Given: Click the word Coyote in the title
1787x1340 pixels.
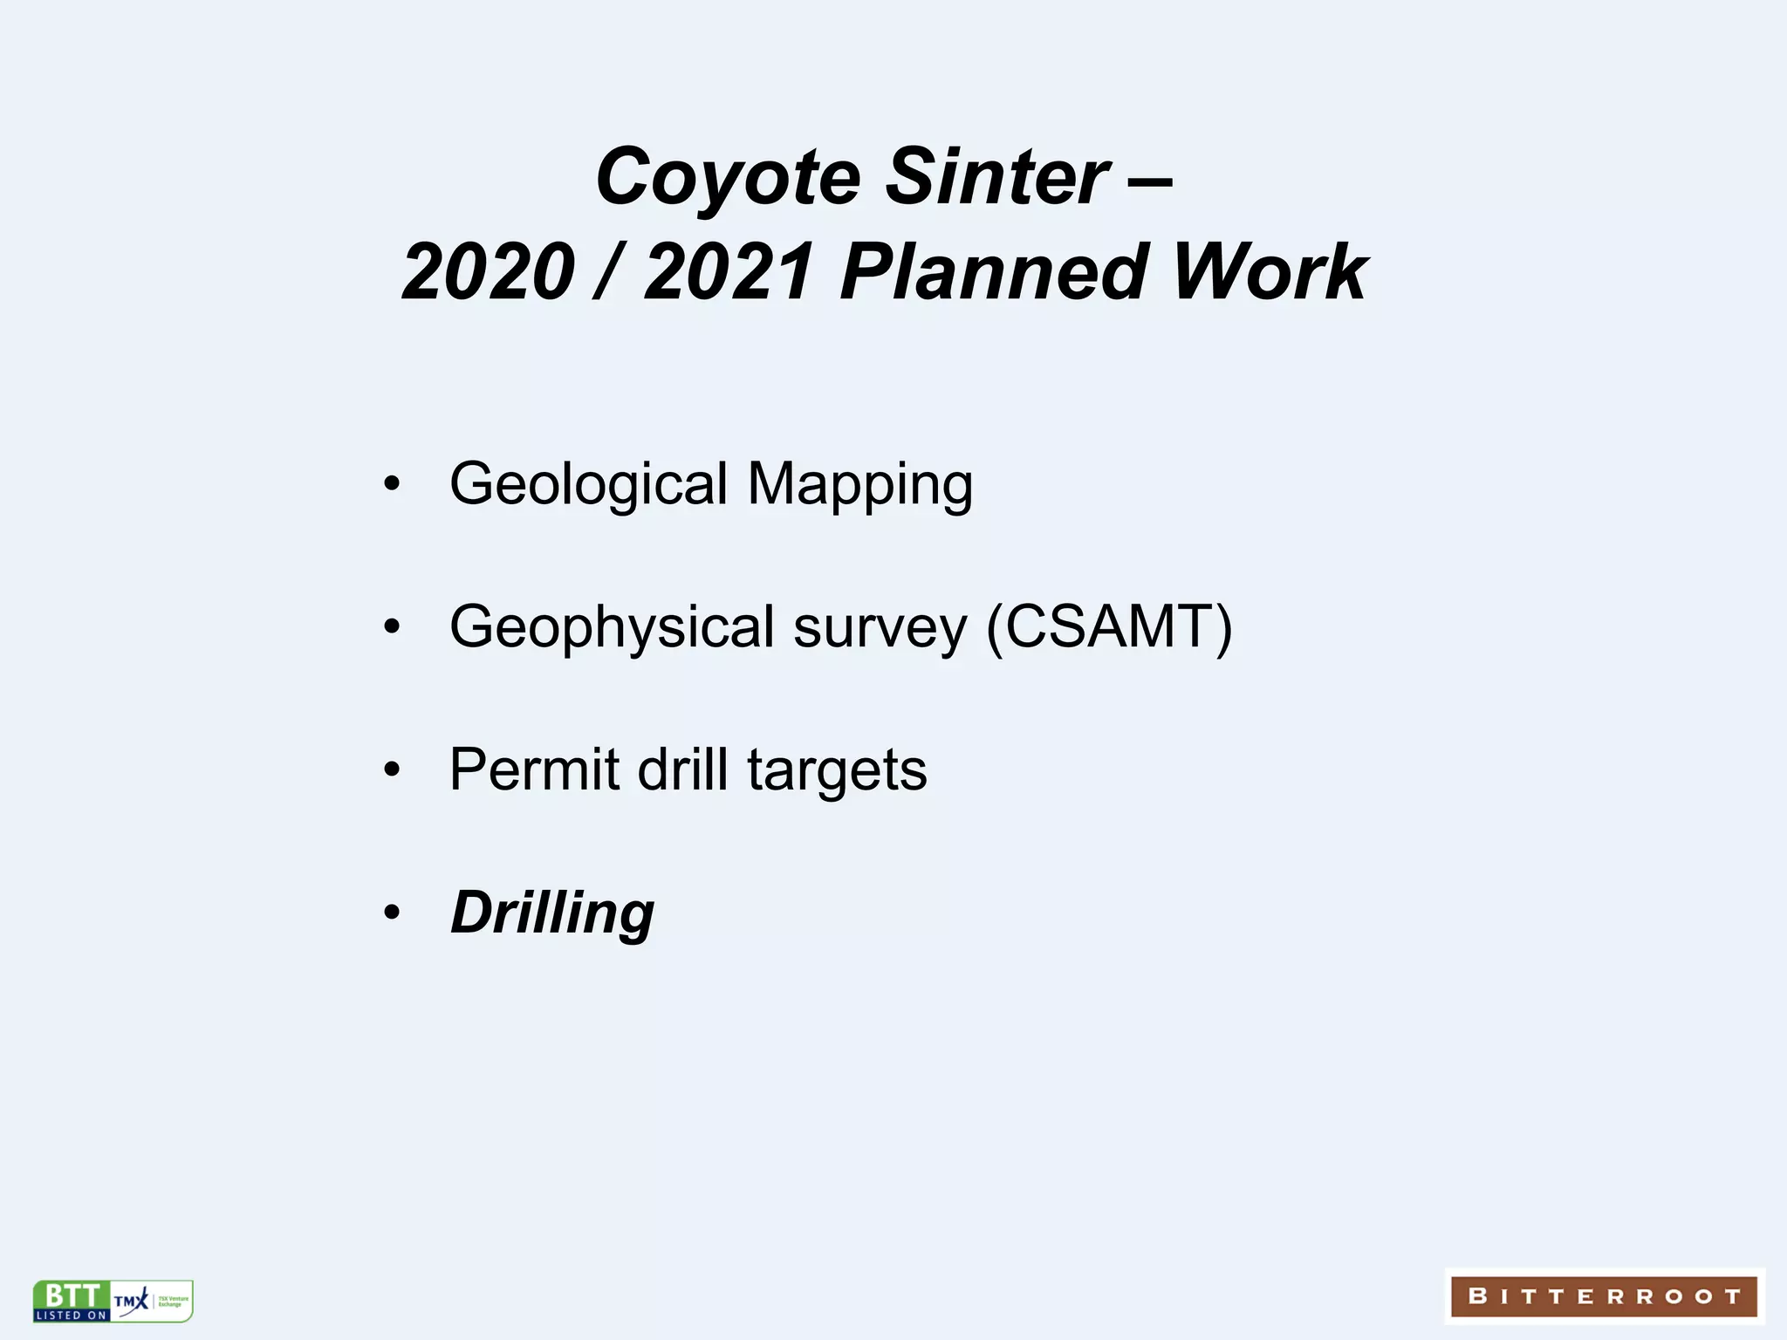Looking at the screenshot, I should (x=728, y=178).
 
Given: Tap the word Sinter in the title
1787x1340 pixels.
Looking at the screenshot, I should (x=997, y=178).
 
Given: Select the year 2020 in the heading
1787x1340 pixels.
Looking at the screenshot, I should (x=488, y=272).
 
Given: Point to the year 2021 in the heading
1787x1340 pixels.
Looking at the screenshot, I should (x=730, y=272).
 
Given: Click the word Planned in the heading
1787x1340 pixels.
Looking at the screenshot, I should (x=992, y=272).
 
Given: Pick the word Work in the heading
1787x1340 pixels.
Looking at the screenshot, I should (x=1270, y=272).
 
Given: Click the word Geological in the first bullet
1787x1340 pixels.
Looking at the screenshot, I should (x=588, y=485).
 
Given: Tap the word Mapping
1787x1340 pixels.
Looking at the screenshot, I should (x=859, y=485).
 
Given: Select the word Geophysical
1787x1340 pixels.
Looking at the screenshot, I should (x=612, y=628).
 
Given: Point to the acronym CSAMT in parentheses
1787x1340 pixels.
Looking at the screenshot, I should (x=1109, y=626).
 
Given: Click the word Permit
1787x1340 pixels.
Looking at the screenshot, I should (x=533, y=769).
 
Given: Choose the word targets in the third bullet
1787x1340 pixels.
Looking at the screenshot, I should (x=837, y=771).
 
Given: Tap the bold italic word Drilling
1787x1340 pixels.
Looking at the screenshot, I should (x=551, y=913).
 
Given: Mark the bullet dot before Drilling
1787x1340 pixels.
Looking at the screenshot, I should (x=392, y=913).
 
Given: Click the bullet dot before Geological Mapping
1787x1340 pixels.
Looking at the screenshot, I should (x=392, y=484).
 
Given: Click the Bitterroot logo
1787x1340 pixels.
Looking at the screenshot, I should (x=1604, y=1296).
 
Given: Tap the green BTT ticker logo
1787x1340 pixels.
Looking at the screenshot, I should (x=72, y=1301).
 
